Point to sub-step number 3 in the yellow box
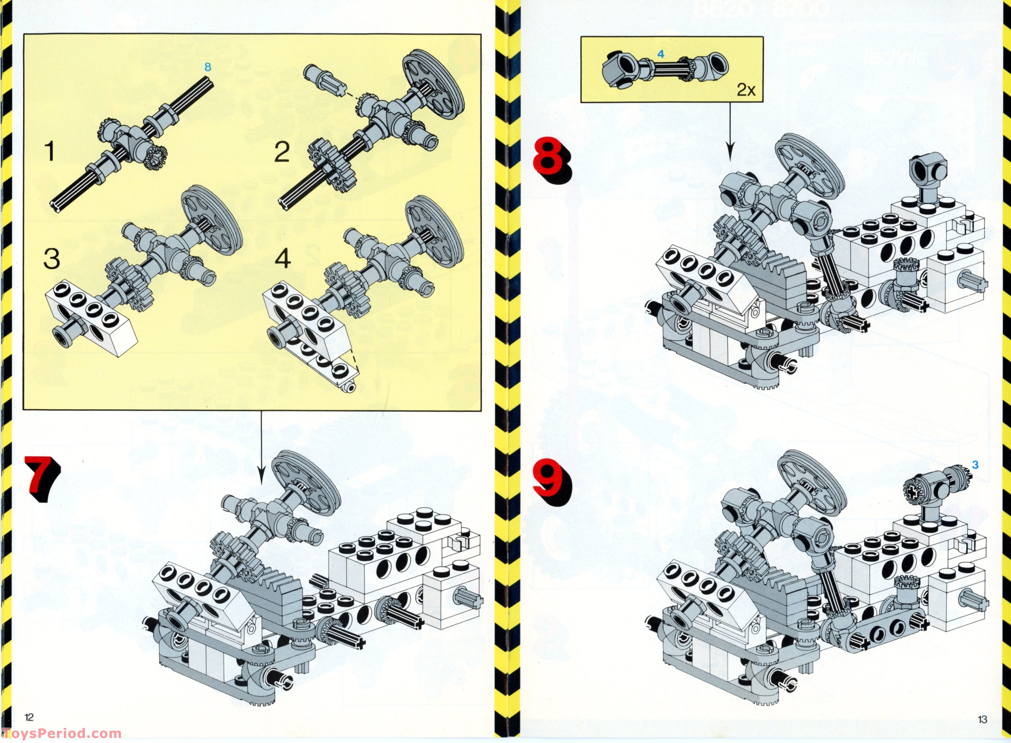(52, 259)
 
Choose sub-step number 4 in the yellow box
(283, 259)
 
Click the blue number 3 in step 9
(975, 465)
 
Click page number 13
(983, 719)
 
